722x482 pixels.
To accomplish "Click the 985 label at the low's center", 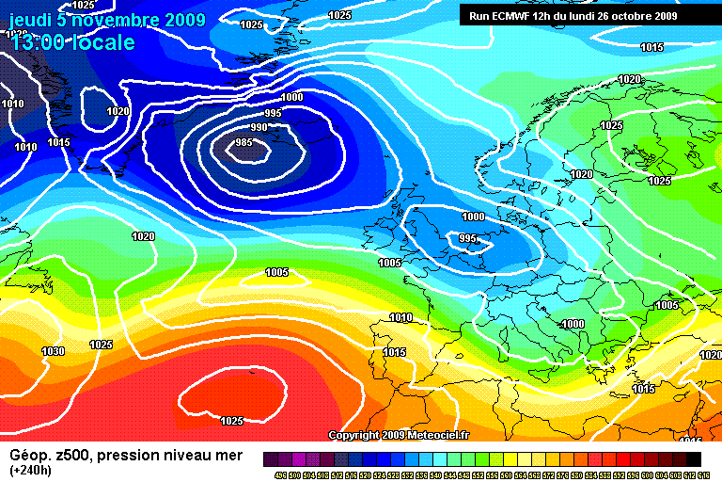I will tap(243, 142).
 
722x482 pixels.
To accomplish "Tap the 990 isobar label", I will tap(259, 127).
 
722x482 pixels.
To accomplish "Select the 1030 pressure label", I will tap(54, 351).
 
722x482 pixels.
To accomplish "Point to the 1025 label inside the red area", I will tap(232, 421).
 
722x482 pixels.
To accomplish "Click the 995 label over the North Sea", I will tap(468, 239).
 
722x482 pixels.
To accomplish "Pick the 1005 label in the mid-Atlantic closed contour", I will tap(276, 272).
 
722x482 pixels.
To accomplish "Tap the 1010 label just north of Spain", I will tap(401, 317).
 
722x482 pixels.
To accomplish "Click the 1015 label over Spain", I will tap(395, 352).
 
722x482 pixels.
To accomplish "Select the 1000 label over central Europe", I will tap(573, 324).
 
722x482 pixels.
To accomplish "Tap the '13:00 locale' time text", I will tap(73, 42).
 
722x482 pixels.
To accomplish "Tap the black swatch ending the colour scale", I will tap(693, 458).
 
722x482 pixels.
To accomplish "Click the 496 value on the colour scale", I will tap(278, 474).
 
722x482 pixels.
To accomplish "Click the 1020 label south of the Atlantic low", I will tap(144, 236).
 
